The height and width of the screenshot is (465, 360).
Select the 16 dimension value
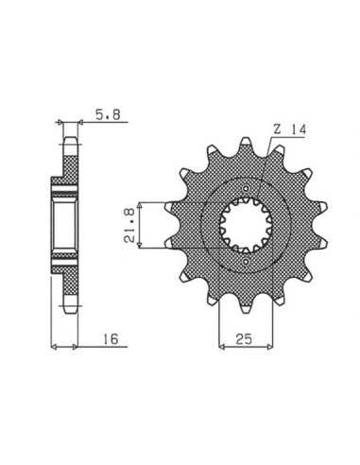pos(111,338)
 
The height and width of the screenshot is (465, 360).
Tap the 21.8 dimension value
pos(129,225)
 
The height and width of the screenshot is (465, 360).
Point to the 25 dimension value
pos(244,339)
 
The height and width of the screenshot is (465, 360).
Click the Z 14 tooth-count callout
pos(289,129)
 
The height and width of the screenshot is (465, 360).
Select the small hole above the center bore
pos(246,189)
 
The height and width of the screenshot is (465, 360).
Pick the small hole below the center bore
pos(246,262)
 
